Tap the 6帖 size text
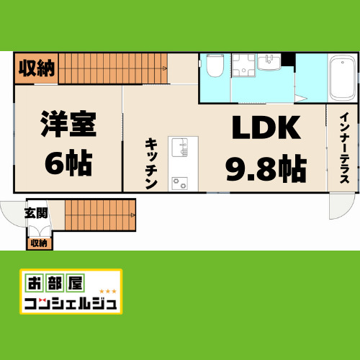click(x=68, y=163)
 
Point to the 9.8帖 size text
click(x=265, y=169)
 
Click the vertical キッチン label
click(x=151, y=163)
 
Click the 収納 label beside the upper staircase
click(x=36, y=69)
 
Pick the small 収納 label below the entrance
click(x=39, y=243)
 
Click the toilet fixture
click(x=215, y=66)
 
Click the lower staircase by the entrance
click(x=99, y=215)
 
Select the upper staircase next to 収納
click(x=112, y=68)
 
